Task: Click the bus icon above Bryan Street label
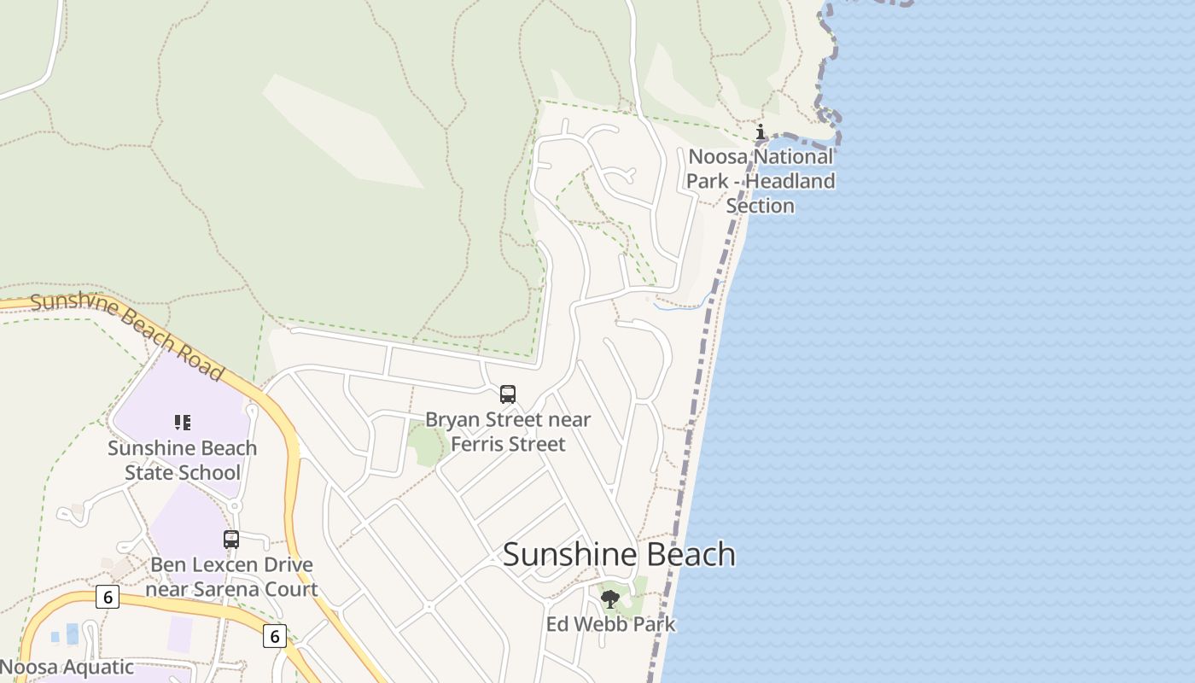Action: pyautogui.click(x=508, y=394)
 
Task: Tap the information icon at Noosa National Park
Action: pyautogui.click(x=761, y=132)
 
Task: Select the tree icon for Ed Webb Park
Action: pyautogui.click(x=609, y=598)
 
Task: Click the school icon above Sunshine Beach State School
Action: pyautogui.click(x=182, y=422)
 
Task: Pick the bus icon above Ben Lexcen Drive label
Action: pyautogui.click(x=231, y=540)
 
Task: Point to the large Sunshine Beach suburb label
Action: pyautogui.click(x=619, y=554)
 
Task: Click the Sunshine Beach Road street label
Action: pyautogui.click(x=128, y=333)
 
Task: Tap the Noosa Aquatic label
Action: pyautogui.click(x=67, y=667)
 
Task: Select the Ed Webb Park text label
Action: pyautogui.click(x=610, y=624)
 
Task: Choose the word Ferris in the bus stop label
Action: pyautogui.click(x=476, y=444)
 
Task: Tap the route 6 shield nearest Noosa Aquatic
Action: pyautogui.click(x=107, y=597)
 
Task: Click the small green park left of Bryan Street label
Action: pyautogui.click(x=425, y=444)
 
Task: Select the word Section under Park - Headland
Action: pyautogui.click(x=760, y=206)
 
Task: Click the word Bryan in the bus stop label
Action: pyautogui.click(x=452, y=419)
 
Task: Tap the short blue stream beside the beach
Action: pyautogui.click(x=683, y=304)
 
